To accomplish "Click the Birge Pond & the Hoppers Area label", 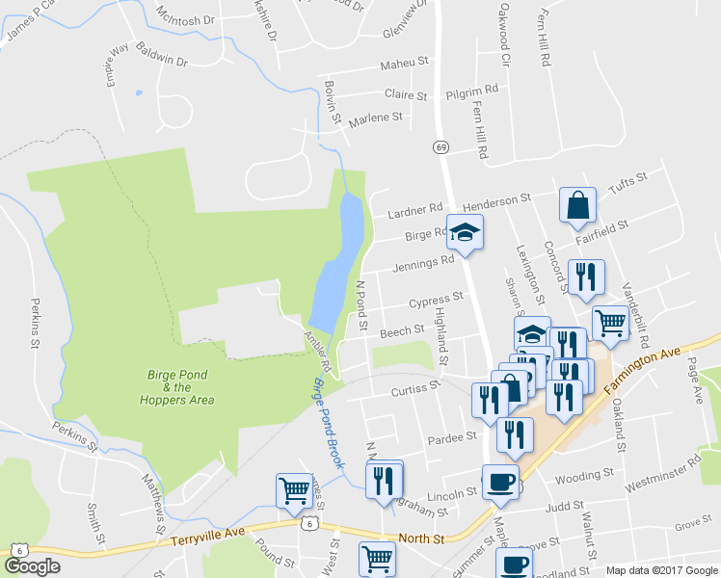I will click(x=180, y=387).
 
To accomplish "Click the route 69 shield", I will click(x=441, y=146).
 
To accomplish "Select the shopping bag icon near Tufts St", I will click(x=577, y=205).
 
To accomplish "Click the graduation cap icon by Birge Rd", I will click(x=466, y=232).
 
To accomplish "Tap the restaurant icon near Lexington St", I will click(x=586, y=277).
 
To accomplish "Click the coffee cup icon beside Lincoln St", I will click(x=500, y=483).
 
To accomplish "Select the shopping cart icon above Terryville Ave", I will click(x=294, y=489).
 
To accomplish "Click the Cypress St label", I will click(x=436, y=302).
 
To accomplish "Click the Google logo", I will click(x=32, y=566).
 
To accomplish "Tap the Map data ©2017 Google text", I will click(x=661, y=570).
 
